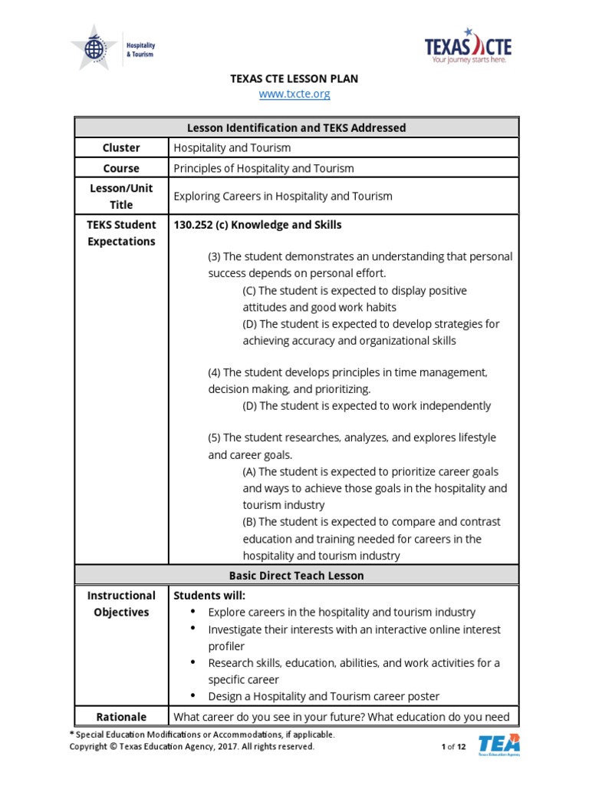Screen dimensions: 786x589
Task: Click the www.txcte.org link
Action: [294, 94]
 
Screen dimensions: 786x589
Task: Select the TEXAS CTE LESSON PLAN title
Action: [294, 78]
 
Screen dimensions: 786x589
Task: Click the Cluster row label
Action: [121, 148]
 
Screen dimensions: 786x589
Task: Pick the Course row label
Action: [121, 168]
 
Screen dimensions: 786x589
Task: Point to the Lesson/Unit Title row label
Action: [121, 196]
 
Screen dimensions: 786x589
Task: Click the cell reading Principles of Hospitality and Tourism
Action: [264, 168]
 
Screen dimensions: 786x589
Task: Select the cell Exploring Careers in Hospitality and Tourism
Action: [283, 196]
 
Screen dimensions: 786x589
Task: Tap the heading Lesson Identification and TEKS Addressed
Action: [296, 127]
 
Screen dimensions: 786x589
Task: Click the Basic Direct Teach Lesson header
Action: [296, 575]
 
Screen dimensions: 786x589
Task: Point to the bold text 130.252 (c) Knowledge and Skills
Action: [258, 225]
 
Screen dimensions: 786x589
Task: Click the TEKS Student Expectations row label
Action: [121, 233]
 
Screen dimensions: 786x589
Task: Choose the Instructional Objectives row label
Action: [121, 604]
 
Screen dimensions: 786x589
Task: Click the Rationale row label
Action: [121, 717]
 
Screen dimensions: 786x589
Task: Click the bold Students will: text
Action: [209, 596]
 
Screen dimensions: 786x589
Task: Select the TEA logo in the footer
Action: [499, 745]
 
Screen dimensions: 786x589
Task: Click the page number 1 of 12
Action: [453, 747]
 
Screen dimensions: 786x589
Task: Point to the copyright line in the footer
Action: [192, 747]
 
